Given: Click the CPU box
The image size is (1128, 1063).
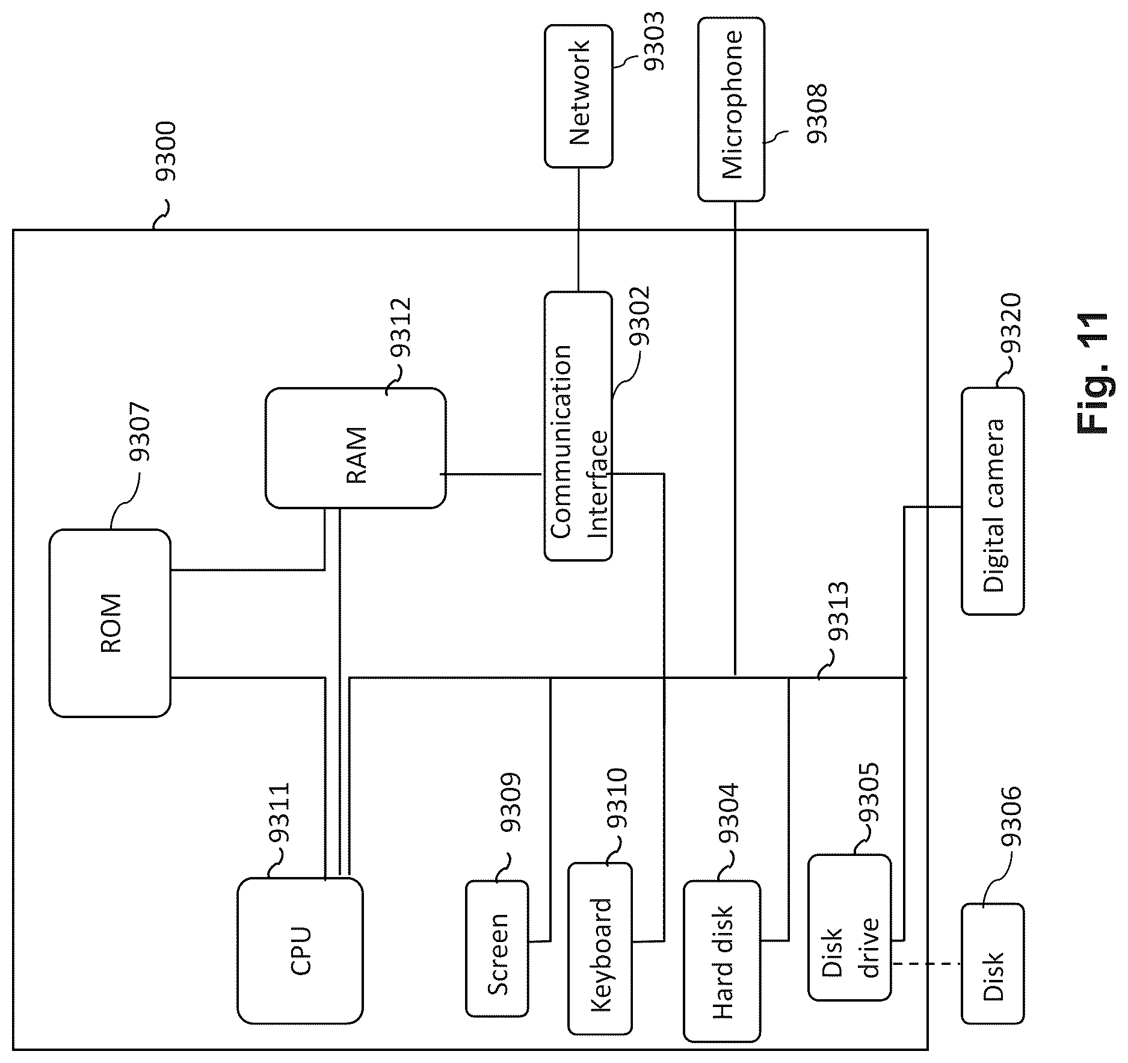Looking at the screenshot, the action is [300, 950].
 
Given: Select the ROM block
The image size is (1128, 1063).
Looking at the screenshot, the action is [109, 623].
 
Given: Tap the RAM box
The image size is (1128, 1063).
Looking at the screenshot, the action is [356, 448].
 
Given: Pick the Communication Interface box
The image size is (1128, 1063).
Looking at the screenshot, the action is [578, 426].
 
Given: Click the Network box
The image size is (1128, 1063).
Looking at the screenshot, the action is [579, 96].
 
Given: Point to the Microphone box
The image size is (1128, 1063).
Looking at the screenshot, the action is [732, 109].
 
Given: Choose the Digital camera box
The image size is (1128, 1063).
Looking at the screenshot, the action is [993, 501].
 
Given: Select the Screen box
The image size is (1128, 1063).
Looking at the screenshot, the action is [498, 949].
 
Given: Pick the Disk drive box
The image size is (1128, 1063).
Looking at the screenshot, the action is [849, 928].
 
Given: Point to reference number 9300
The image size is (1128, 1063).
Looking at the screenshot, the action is [165, 151].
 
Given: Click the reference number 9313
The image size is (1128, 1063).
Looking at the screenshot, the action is [837, 611].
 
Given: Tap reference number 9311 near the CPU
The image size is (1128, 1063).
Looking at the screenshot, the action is [279, 812].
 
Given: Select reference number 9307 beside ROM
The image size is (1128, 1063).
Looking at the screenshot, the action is [140, 432].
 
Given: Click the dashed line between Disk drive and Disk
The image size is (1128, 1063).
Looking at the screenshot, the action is [926, 964].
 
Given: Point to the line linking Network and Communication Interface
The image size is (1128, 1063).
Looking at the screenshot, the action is [579, 229].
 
